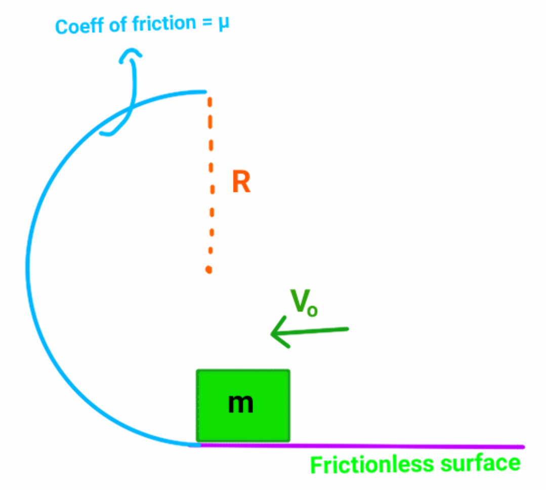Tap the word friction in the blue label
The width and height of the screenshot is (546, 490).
click(164, 24)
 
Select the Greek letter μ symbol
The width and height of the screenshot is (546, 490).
click(224, 23)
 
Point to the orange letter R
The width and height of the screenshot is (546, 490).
click(241, 181)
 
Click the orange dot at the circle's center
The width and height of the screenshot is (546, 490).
click(209, 270)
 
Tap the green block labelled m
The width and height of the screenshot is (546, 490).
click(243, 405)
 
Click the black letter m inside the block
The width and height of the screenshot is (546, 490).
click(241, 403)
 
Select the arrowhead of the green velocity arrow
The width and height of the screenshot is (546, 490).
click(272, 334)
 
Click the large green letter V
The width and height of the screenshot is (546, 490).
click(300, 301)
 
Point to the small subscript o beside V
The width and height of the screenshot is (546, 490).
click(312, 311)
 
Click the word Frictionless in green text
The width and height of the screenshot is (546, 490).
click(372, 465)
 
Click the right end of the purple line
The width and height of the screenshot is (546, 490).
click(523, 447)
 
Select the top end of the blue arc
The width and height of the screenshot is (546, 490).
click(205, 92)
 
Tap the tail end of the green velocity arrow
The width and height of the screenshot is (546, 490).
click(347, 329)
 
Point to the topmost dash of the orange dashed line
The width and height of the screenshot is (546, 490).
click(209, 103)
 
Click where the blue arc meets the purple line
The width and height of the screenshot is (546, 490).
click(196, 445)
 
